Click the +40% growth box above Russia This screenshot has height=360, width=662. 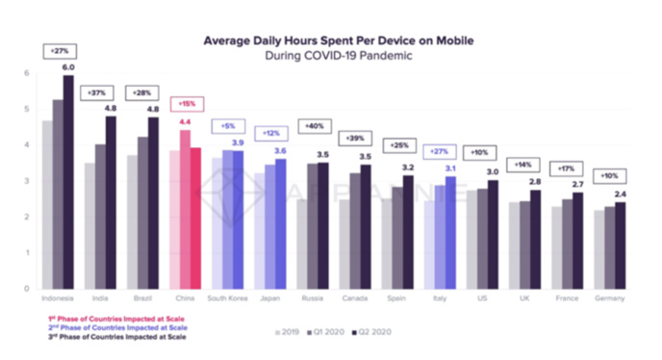point(314,125)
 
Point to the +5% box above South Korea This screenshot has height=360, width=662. point(228,125)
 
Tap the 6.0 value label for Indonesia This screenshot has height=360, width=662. point(68,67)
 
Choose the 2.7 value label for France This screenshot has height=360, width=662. point(577,183)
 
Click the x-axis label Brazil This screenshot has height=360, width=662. point(141,297)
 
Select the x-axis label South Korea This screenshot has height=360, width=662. point(228,297)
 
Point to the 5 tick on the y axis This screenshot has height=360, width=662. point(27,109)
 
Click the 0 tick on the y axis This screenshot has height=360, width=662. point(27,288)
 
